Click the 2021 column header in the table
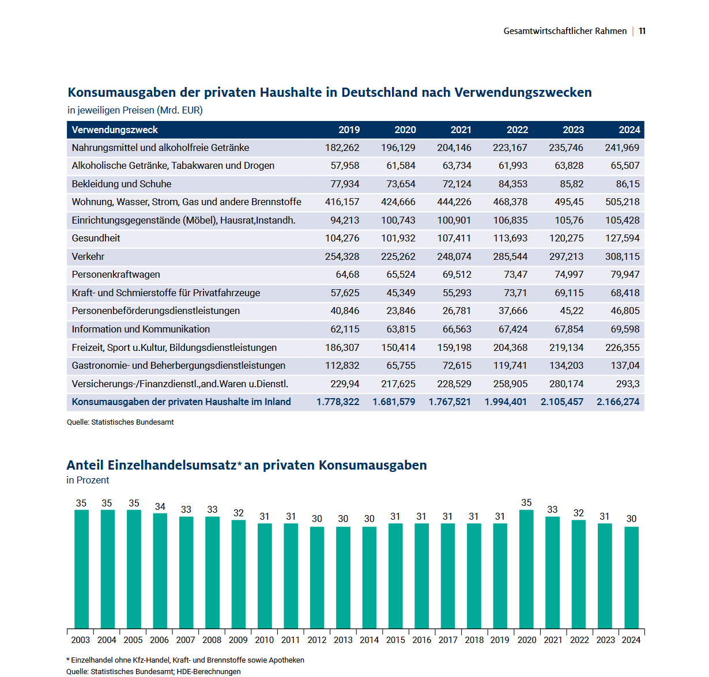click(x=461, y=130)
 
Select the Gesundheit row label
click(x=96, y=238)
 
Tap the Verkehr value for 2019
click(x=342, y=256)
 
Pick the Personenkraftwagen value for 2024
click(x=625, y=274)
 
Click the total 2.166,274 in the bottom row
click(x=618, y=402)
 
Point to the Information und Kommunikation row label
click(x=141, y=329)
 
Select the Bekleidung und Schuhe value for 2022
click(x=512, y=184)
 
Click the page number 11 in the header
click(x=642, y=31)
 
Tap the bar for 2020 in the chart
click(x=526, y=569)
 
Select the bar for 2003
click(x=81, y=569)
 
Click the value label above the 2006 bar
click(x=160, y=506)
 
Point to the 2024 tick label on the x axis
click(x=631, y=640)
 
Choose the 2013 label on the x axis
click(x=343, y=640)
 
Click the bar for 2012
click(x=317, y=577)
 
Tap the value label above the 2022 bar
click(x=579, y=513)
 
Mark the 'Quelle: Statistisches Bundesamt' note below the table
click(x=120, y=422)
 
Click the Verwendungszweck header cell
click(x=115, y=130)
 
